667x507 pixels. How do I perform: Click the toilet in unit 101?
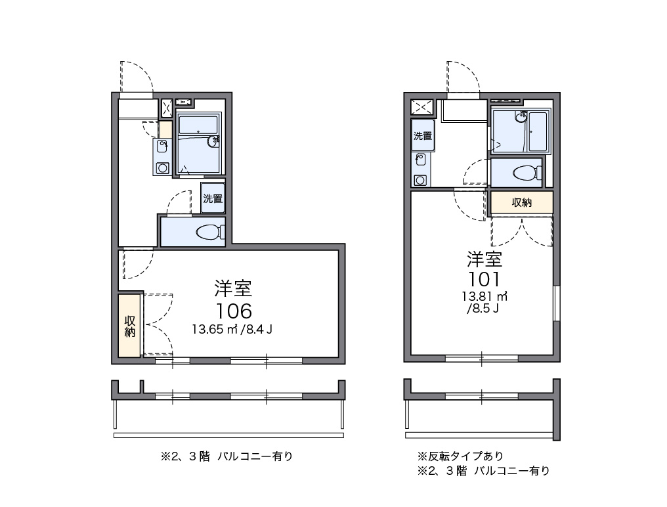(527, 173)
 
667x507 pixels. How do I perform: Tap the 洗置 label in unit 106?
(213, 198)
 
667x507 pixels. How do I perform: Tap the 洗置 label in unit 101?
(423, 136)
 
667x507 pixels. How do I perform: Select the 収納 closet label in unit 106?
(130, 326)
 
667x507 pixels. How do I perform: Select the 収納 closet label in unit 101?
(521, 202)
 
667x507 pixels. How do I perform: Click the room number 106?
(234, 311)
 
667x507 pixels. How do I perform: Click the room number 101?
(484, 280)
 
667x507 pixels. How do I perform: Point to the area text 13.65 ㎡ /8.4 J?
(232, 329)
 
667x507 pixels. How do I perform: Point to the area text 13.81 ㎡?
(484, 296)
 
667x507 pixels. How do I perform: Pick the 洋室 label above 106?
(233, 288)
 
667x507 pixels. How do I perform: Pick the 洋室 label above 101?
(484, 259)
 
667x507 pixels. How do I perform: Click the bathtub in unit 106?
(198, 124)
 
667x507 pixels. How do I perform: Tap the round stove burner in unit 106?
(162, 167)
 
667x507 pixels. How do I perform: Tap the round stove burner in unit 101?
(420, 180)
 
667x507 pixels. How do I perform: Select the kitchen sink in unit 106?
(162, 146)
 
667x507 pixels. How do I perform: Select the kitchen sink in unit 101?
(420, 159)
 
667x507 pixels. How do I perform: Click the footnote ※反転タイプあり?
(460, 456)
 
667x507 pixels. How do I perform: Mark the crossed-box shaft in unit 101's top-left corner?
(421, 107)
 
